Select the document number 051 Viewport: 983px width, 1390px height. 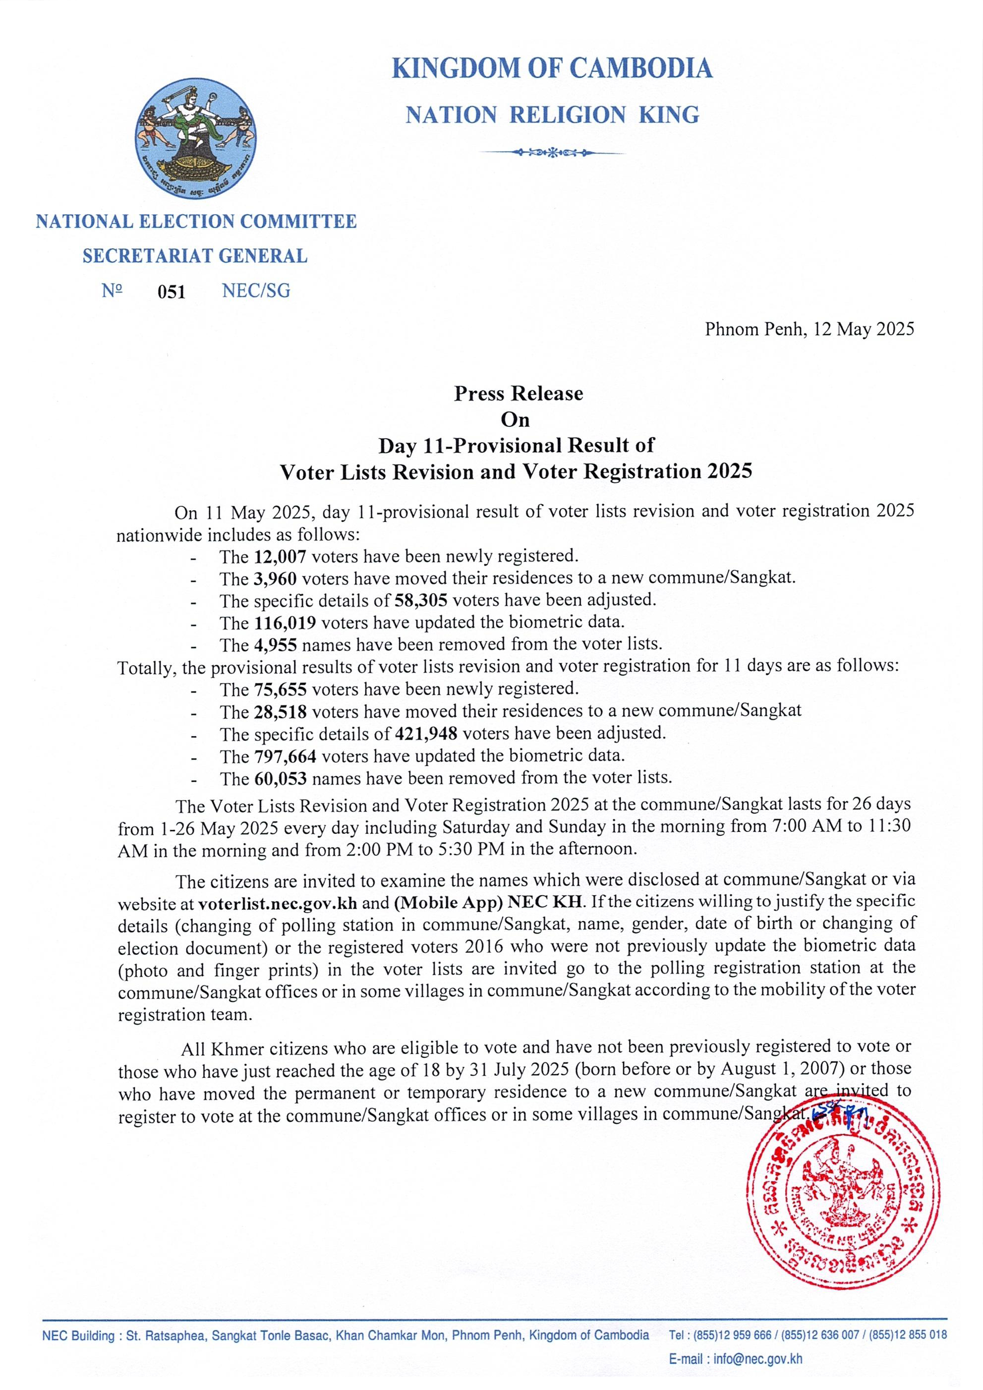[x=172, y=292]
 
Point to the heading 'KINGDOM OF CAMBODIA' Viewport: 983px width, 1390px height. [x=552, y=68]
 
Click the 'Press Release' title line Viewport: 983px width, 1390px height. [x=519, y=394]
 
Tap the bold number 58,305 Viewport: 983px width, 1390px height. [x=421, y=600]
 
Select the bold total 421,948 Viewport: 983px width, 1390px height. [x=425, y=734]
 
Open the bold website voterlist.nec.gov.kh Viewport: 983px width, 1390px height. [x=278, y=903]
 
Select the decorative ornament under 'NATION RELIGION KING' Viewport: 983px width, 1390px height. [x=552, y=153]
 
